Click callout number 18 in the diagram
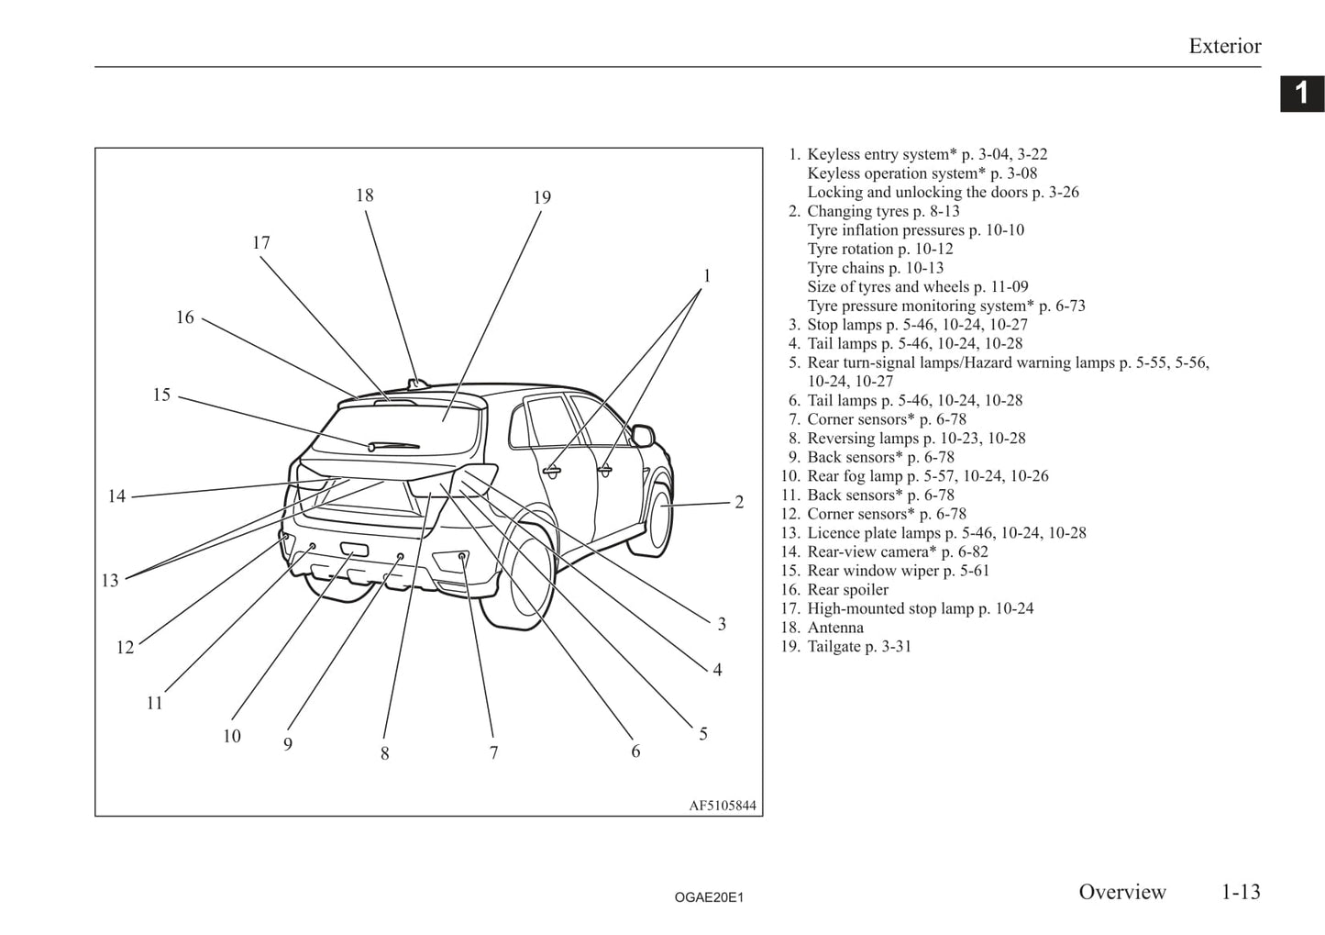point(365,195)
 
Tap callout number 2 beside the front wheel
point(739,503)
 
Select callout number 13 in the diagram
point(110,581)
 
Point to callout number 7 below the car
point(493,753)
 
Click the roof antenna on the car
point(417,382)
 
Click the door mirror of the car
point(644,434)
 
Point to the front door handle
point(604,470)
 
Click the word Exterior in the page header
point(1224,46)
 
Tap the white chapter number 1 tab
point(1301,94)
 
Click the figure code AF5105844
point(723,806)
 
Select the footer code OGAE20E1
point(709,897)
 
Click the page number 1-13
point(1240,892)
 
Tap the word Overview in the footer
point(1121,892)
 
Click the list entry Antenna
point(834,628)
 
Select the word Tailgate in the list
point(834,646)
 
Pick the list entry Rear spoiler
point(847,589)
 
